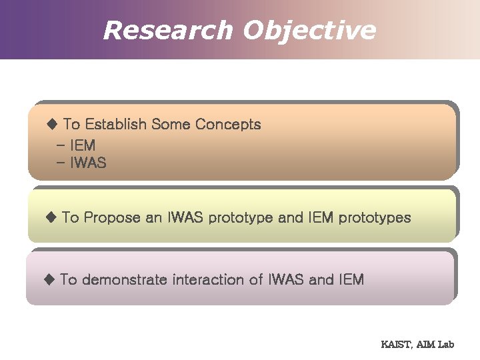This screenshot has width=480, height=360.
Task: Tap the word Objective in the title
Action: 309,31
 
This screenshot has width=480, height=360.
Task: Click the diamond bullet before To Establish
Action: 53,125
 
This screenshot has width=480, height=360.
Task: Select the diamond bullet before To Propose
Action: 51,217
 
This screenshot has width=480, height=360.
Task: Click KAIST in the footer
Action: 395,345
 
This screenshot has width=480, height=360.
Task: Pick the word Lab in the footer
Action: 445,345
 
